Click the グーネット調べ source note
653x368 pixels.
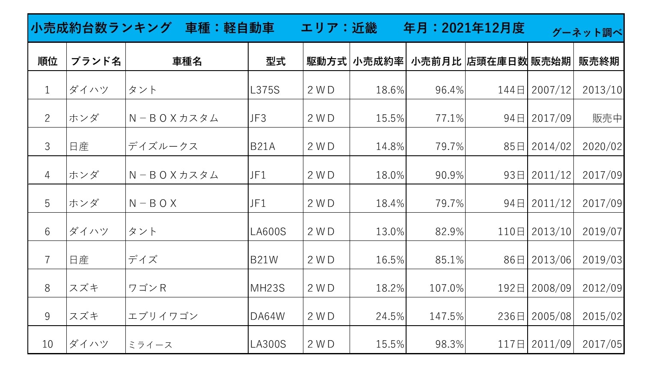pos(587,33)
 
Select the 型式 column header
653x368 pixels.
pos(276,61)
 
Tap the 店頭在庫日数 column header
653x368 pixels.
pos(496,61)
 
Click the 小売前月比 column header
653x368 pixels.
pos(436,61)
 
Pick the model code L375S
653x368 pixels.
pos(265,90)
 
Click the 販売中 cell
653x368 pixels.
pos(607,118)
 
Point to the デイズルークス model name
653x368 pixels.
pos(163,146)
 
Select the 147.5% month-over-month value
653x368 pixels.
pos(446,316)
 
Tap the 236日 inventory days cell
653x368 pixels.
pos(511,316)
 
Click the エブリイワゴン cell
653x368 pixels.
pos(163,316)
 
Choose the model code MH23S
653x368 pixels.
pos(267,288)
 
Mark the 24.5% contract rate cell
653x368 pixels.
pos(390,316)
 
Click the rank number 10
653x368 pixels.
pos(47,344)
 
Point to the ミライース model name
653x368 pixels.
pos(150,344)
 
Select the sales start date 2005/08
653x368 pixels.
pos(551,316)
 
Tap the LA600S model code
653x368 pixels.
pos(268,231)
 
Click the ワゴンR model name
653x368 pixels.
pos(147,288)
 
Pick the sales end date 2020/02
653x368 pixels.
pos(602,146)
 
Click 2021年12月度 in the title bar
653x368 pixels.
pos(483,28)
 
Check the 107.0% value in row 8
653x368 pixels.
pos(446,288)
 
